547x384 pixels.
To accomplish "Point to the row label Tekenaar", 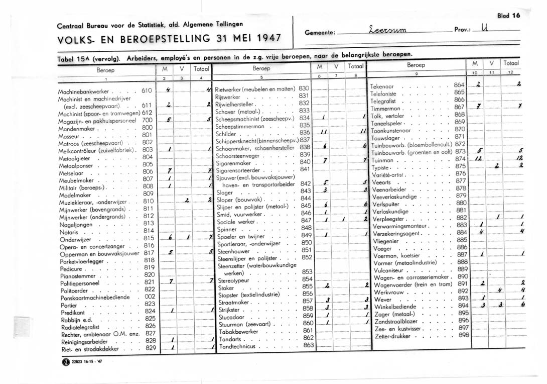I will (385, 86).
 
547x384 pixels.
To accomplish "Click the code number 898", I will (463, 334).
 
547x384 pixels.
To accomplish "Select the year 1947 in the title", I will (264, 37).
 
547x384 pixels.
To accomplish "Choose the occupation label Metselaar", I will (71, 172).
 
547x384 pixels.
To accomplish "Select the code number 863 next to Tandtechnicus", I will (308, 345).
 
